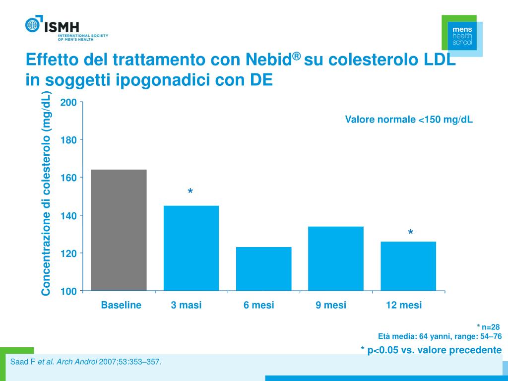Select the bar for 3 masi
pyautogui.click(x=191, y=248)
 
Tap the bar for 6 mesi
pyautogui.click(x=263, y=268)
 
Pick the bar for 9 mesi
pyautogui.click(x=336, y=258)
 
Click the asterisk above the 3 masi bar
pyautogui.click(x=190, y=192)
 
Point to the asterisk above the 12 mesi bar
pyautogui.click(x=411, y=233)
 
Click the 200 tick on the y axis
pyautogui.click(x=68, y=103)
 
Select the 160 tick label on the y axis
pyautogui.click(x=68, y=178)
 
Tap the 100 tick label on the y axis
pyautogui.click(x=68, y=291)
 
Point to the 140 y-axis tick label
pyautogui.click(x=68, y=216)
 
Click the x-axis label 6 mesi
pyautogui.click(x=258, y=305)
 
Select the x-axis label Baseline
pyautogui.click(x=121, y=305)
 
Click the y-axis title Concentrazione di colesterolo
pyautogui.click(x=46, y=193)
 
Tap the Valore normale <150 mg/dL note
pyautogui.click(x=409, y=120)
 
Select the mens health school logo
pyautogui.click(x=462, y=36)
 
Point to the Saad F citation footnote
pyautogui.click(x=86, y=362)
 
